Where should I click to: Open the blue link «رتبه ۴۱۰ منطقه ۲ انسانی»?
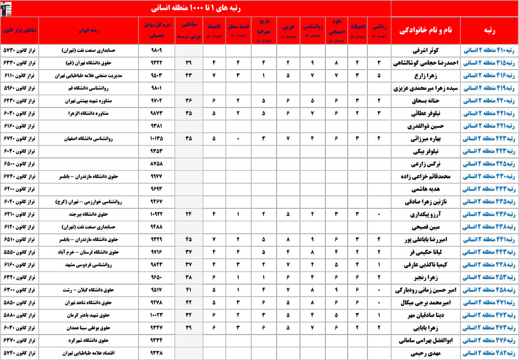pos(489,51)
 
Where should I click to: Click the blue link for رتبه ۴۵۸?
pos(489,289)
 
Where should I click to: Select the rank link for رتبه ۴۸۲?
pos(489,353)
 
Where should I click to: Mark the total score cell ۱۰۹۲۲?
pos(156,214)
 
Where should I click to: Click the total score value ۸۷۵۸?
pos(156,164)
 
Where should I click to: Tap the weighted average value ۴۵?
pos(188,239)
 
